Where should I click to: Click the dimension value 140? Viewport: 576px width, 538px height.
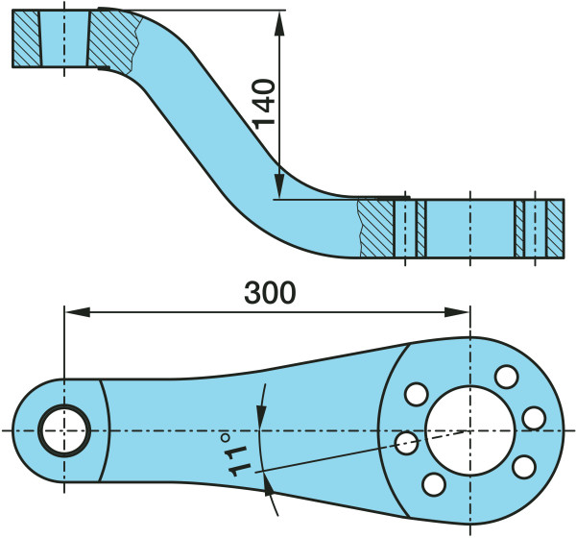(x=264, y=104)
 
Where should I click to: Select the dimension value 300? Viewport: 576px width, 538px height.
(x=270, y=293)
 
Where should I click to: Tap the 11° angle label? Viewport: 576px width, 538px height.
(x=235, y=454)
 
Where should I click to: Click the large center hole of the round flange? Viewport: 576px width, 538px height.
(x=469, y=430)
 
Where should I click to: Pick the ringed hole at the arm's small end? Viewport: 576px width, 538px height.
(x=64, y=430)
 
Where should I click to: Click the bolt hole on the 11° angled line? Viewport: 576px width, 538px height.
(x=406, y=443)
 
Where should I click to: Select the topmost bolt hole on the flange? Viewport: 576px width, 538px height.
(x=507, y=377)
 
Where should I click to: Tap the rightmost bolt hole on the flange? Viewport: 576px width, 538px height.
(x=534, y=419)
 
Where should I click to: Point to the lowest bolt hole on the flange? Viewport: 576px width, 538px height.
(x=434, y=484)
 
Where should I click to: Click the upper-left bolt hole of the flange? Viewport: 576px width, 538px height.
(x=417, y=394)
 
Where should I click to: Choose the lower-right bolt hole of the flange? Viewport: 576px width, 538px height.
(x=524, y=467)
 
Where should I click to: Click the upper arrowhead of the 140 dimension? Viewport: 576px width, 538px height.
(x=279, y=23)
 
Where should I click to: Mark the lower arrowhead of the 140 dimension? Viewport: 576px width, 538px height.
(x=279, y=186)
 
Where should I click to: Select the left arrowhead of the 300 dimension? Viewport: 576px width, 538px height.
(x=78, y=312)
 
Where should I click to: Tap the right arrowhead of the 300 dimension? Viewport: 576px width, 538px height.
(x=457, y=312)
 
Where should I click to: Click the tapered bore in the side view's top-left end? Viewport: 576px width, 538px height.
(x=64, y=38)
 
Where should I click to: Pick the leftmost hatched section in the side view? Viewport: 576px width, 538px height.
(x=26, y=38)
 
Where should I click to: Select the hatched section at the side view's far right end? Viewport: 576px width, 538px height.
(x=555, y=229)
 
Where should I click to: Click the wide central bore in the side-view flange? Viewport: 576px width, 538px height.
(x=470, y=229)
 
